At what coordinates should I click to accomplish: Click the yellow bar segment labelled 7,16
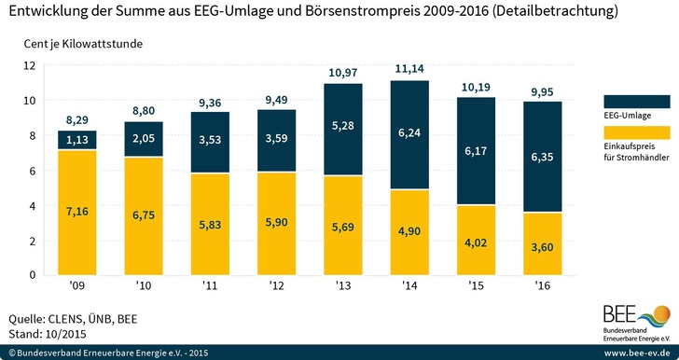[77, 213]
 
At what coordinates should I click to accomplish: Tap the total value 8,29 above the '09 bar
[77, 120]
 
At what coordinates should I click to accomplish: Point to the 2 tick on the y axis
[32, 241]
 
